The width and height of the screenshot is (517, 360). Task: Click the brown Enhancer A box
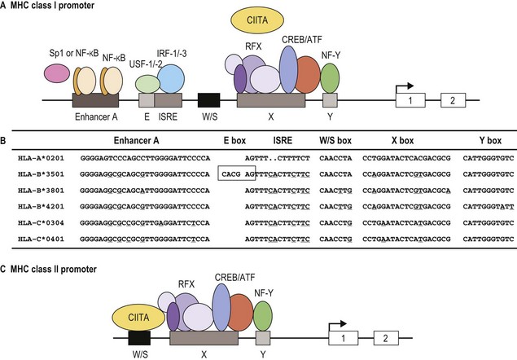pyautogui.click(x=95, y=100)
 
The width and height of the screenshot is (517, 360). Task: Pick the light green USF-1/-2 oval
pyautogui.click(x=147, y=82)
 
